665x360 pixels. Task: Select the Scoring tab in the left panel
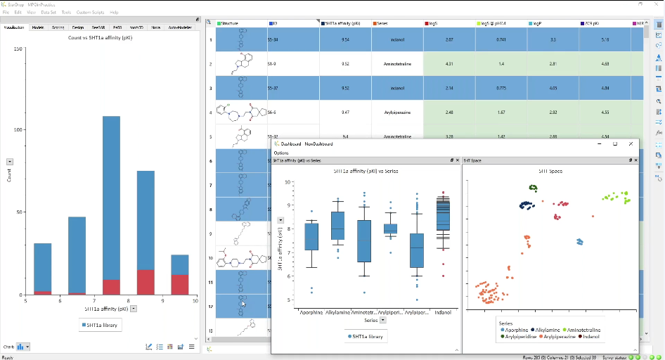pos(58,27)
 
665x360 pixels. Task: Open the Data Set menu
pos(49,13)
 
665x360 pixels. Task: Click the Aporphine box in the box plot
pos(311,236)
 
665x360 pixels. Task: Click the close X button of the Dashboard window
pos(631,143)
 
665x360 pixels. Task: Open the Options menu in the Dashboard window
pos(281,153)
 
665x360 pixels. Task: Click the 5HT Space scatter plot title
pos(550,171)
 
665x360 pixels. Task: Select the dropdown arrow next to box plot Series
pos(382,320)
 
